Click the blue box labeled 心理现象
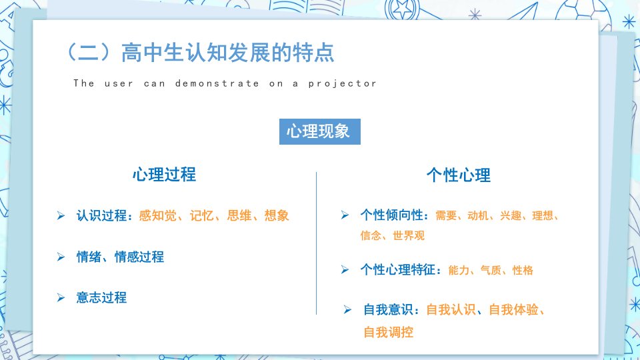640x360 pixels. [319, 131]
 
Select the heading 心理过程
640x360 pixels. [164, 175]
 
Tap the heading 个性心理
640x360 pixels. [459, 175]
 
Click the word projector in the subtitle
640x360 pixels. [342, 83]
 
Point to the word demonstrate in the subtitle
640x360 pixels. [217, 83]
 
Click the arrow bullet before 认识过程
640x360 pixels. [61, 215]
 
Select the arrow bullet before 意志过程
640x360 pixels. [61, 297]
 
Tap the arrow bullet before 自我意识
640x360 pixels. [347, 310]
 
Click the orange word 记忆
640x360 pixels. [201, 215]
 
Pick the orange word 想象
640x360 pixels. [277, 215]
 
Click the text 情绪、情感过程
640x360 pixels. [120, 257]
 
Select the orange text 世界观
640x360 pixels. [409, 235]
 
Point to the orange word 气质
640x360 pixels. [491, 270]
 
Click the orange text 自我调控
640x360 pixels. [388, 332]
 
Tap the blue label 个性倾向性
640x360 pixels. [392, 215]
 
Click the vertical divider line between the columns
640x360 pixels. [316, 243]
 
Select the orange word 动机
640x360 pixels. [478, 215]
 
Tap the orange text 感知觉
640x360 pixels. [157, 215]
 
